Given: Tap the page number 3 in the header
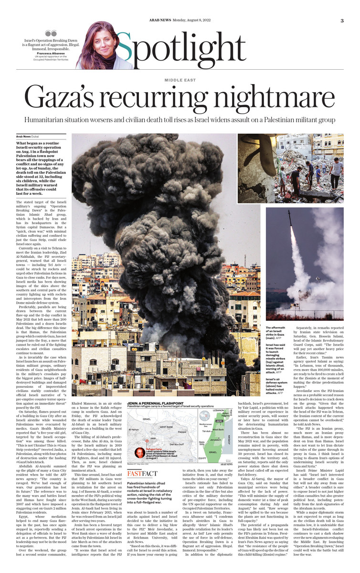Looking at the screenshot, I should [x=342, y=21].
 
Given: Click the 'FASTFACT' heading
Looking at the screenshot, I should [x=143, y=474].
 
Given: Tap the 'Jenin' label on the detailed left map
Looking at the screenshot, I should [x=153, y=437].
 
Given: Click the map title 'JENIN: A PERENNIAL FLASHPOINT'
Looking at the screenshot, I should [x=155, y=403].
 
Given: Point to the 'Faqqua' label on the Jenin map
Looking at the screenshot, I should [x=181, y=432].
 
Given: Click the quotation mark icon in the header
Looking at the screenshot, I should [x=51, y=34].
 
